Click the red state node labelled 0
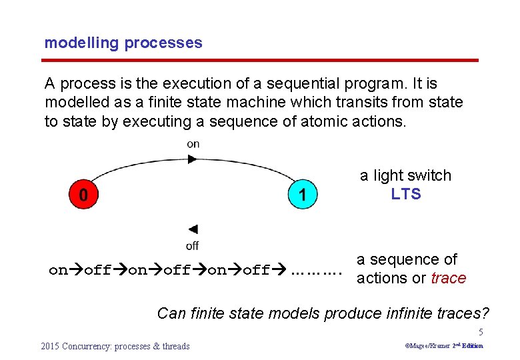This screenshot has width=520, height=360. click(83, 195)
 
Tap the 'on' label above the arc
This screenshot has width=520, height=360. click(193, 144)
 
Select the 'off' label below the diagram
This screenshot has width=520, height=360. click(192, 246)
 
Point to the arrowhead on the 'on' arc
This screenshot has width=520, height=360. click(192, 159)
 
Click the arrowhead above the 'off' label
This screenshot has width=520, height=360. click(192, 229)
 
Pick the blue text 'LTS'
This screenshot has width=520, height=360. click(406, 194)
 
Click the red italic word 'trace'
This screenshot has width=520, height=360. click(448, 278)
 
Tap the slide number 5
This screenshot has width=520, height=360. click(480, 332)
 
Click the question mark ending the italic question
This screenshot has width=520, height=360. click(485, 312)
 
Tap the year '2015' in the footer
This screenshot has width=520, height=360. click(51, 346)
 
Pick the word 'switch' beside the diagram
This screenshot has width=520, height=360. click(430, 175)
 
